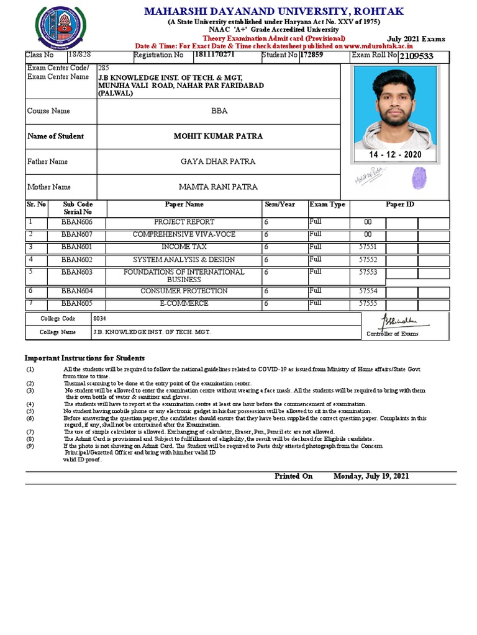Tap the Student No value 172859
312,55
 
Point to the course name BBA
219,111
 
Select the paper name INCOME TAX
184,247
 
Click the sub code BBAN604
77,291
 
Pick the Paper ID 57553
368,272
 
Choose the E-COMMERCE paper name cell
184,303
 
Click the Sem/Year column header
279,204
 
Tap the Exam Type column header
327,204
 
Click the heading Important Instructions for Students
84,358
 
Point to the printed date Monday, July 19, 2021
371,476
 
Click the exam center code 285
103,67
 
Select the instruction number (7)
30,432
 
